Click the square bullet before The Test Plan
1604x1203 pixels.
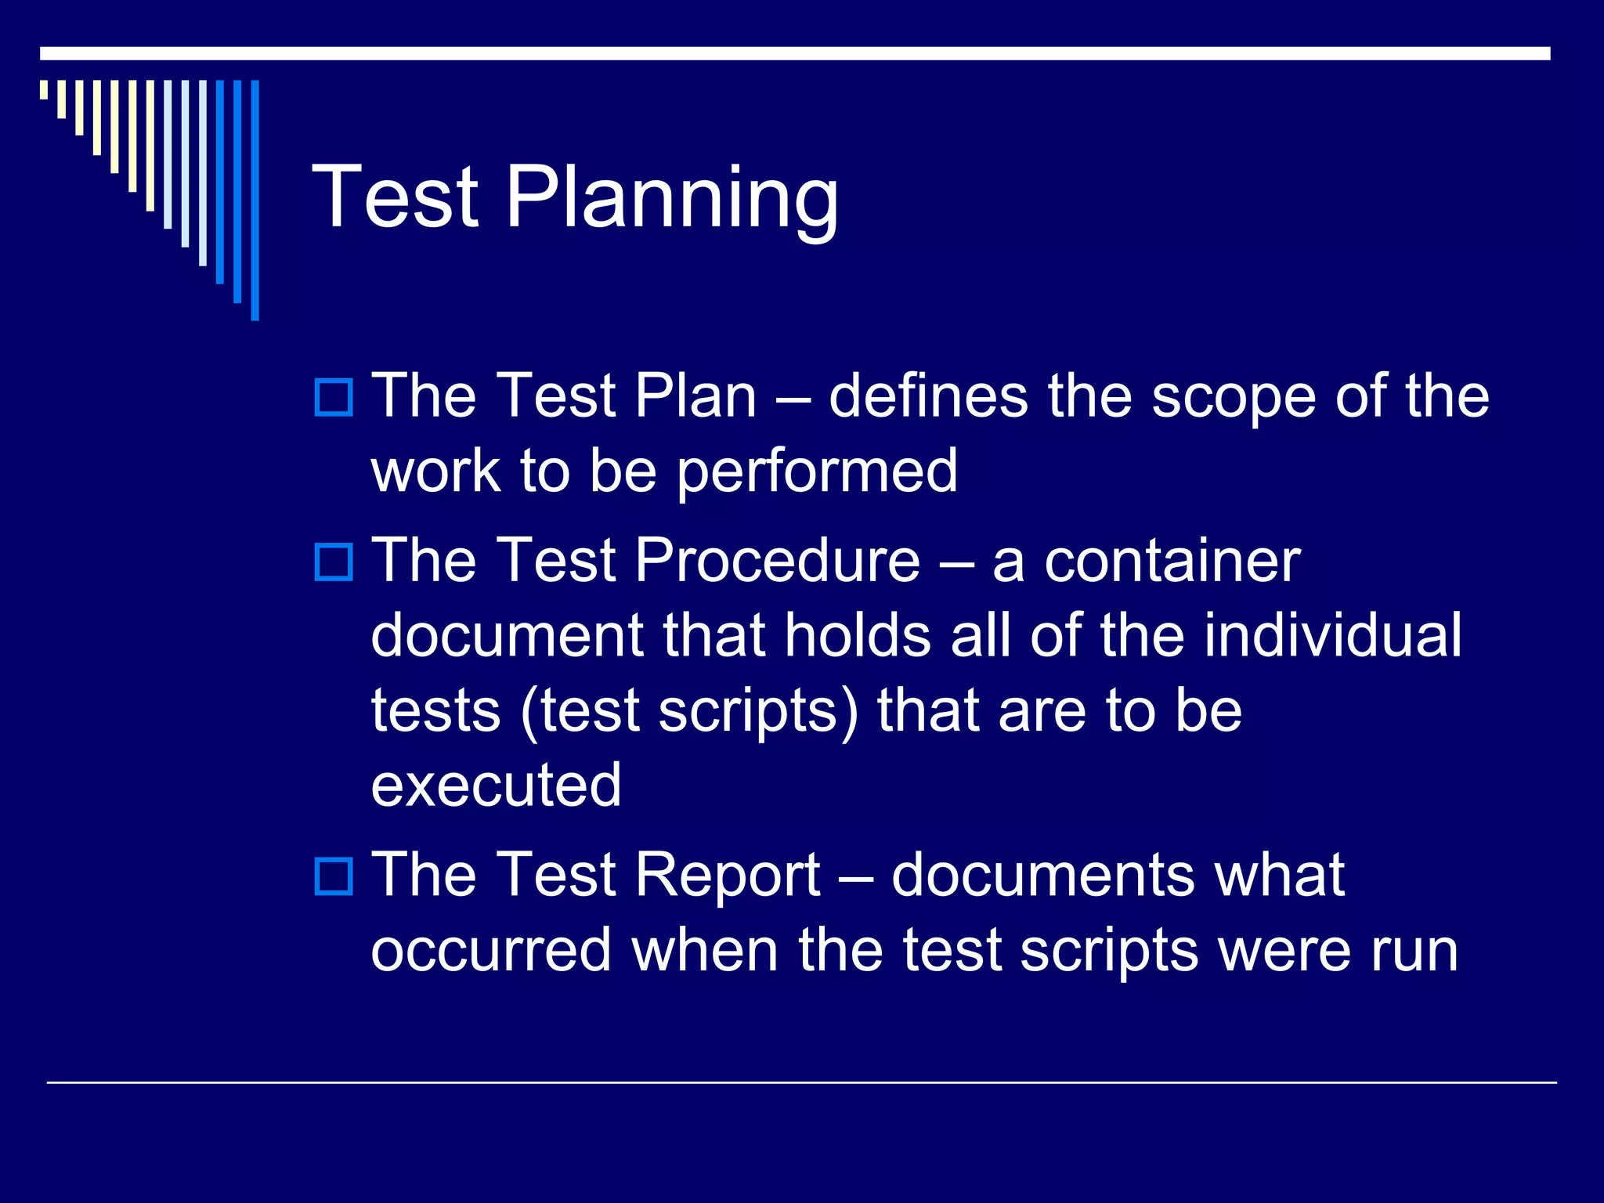point(334,397)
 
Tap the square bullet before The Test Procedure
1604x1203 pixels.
point(334,562)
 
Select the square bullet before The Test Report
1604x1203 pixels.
point(334,876)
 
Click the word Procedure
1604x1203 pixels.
point(777,561)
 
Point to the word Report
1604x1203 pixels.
point(728,875)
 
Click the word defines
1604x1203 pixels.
point(927,396)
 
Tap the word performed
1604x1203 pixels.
point(817,471)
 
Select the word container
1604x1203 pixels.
point(1172,561)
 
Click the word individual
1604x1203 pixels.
point(1332,635)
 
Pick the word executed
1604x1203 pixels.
point(497,785)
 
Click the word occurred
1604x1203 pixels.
point(491,950)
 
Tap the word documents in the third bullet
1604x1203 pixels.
point(1042,875)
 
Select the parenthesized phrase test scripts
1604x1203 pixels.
point(689,711)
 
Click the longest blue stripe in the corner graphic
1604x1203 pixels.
point(255,200)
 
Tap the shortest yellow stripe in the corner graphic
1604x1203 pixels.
point(44,89)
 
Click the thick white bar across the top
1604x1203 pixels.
point(794,53)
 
